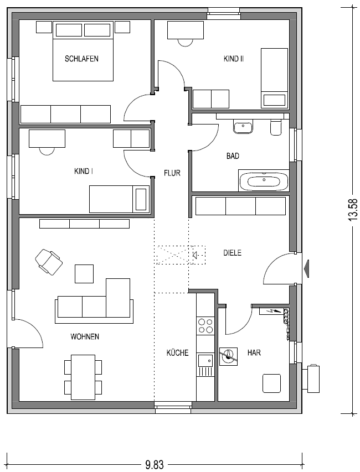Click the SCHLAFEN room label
tap(81, 59)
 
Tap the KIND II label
tap(234, 59)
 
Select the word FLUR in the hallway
tap(172, 173)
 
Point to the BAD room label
tap(233, 156)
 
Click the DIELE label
tap(232, 252)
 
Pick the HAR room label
tap(254, 352)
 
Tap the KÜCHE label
tap(177, 352)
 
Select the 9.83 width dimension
tap(155, 465)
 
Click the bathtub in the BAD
tap(264, 180)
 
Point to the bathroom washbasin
tap(243, 127)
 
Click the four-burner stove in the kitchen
tap(205, 326)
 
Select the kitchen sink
tap(205, 360)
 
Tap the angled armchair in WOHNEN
tap(49, 262)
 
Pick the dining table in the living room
tap(83, 377)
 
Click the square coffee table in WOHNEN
tap(84, 274)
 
